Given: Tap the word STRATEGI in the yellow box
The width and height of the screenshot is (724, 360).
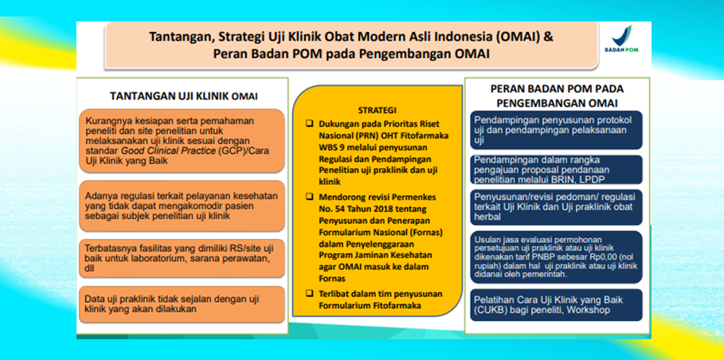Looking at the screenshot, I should tap(377, 109).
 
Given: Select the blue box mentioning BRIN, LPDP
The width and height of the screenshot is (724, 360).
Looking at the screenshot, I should tap(556, 169).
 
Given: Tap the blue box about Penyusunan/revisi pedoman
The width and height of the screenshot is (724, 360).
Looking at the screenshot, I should tap(556, 207).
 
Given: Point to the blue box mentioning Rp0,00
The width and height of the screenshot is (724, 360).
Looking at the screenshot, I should tap(556, 256).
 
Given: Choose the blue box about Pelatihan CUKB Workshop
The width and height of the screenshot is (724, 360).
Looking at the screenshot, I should tap(556, 306).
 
